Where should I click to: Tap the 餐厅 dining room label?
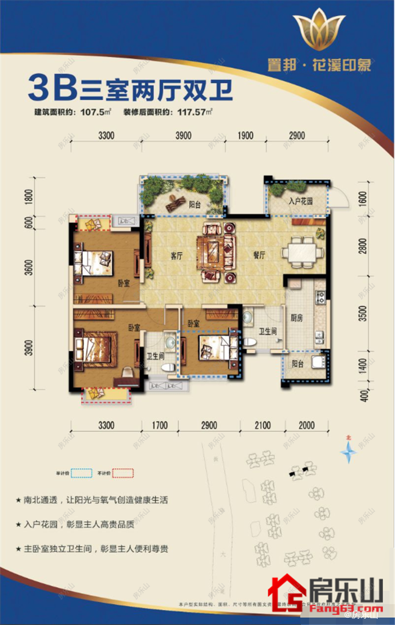click(x=259, y=255)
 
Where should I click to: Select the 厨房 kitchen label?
click(x=296, y=318)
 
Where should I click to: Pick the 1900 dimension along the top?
click(x=245, y=136)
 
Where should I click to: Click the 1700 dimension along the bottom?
click(x=160, y=425)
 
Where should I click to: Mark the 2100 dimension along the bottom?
click(x=262, y=425)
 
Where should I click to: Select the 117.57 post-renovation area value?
click(x=191, y=112)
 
